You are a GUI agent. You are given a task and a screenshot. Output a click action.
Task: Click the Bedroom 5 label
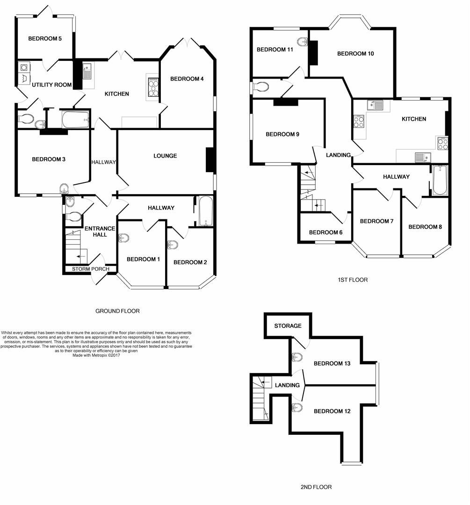[45, 38]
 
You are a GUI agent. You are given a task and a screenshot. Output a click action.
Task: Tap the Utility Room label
[52, 85]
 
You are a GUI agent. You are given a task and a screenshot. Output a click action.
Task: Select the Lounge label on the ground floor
[165, 156]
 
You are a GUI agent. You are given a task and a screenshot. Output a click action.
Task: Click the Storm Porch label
[90, 269]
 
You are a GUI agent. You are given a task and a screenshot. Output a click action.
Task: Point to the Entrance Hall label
[99, 231]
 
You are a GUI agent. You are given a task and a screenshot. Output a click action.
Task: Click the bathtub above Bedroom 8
[440, 180]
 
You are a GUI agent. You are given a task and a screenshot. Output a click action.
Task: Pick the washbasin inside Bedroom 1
[123, 238]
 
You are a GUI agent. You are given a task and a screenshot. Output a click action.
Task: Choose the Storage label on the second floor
[288, 326]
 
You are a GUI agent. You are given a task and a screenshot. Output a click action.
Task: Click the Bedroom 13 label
[332, 363]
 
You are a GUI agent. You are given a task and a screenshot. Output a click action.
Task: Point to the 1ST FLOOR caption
[353, 280]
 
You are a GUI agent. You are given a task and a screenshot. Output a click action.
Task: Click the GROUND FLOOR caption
[117, 311]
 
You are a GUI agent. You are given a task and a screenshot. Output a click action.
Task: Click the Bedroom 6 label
[325, 232]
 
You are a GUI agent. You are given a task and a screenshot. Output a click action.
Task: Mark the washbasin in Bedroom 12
[296, 406]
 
